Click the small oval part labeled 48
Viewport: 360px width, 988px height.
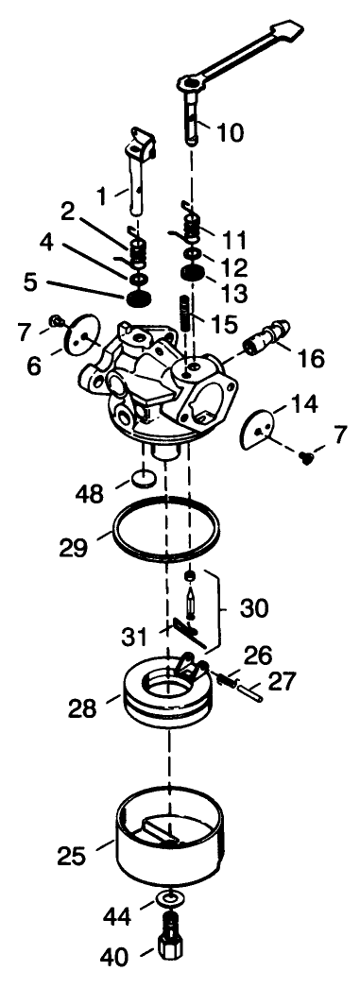[x=145, y=479]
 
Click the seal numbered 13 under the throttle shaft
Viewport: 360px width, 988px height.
[x=194, y=274]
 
